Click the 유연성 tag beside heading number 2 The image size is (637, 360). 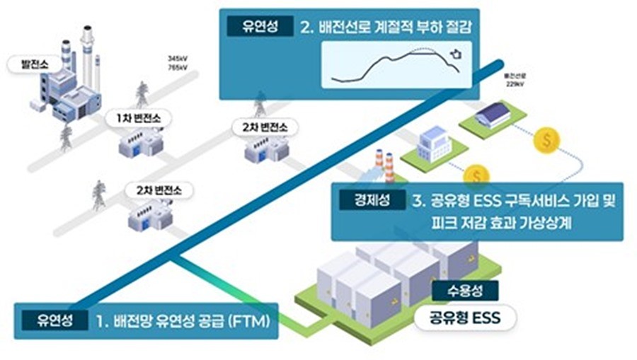[x=251, y=28]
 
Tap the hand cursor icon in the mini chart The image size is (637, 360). [x=454, y=53]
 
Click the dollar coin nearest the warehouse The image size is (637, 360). [x=545, y=141]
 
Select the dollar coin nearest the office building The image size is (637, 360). [x=478, y=175]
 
